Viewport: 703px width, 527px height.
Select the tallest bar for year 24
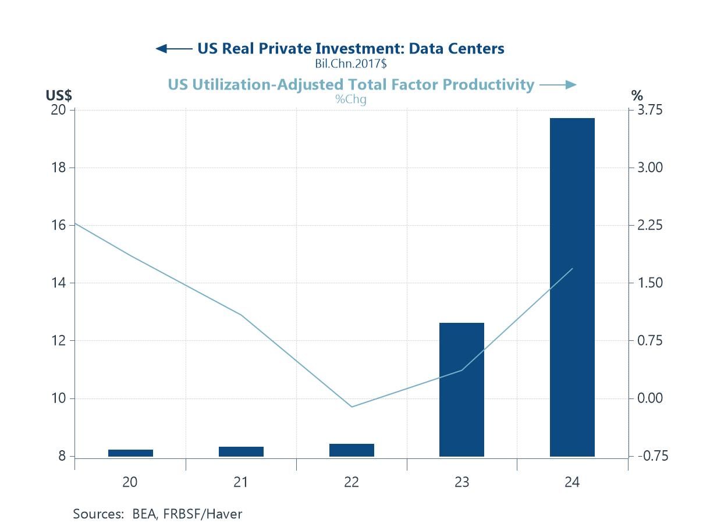click(x=572, y=287)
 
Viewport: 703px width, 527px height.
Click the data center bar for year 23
click(x=461, y=389)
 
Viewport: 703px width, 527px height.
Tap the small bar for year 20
click(x=130, y=453)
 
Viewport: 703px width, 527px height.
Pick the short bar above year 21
click(x=241, y=451)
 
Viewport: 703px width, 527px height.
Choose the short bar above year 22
click(x=351, y=450)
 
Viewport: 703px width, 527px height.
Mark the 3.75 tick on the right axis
click(x=650, y=110)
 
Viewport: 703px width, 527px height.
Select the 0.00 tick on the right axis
click(x=650, y=398)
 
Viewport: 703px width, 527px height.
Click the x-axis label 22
click(x=351, y=482)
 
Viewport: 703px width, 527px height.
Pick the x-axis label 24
click(x=572, y=482)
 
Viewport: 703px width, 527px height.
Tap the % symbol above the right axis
click(x=637, y=95)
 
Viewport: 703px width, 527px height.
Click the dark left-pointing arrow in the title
click(x=173, y=48)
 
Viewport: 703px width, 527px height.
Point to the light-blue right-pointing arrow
click(x=558, y=85)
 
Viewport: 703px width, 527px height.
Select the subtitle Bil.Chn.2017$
click(x=350, y=63)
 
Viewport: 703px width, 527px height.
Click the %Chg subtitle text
click(x=350, y=99)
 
